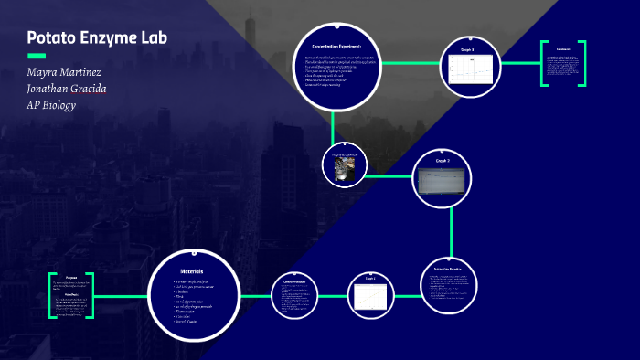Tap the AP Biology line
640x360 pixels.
tap(51, 105)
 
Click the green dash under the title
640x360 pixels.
tap(37, 56)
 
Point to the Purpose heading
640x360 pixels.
tap(71, 278)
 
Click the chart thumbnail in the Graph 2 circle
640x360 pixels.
tap(443, 182)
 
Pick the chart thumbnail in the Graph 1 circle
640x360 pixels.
tap(370, 298)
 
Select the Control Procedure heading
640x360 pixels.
tap(293, 281)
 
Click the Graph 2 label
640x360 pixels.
tap(443, 160)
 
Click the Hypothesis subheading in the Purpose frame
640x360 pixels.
tap(70, 294)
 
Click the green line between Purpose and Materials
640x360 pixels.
tap(121, 296)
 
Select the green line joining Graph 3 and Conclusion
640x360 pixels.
tap(520, 63)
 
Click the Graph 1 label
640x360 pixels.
tap(370, 278)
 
